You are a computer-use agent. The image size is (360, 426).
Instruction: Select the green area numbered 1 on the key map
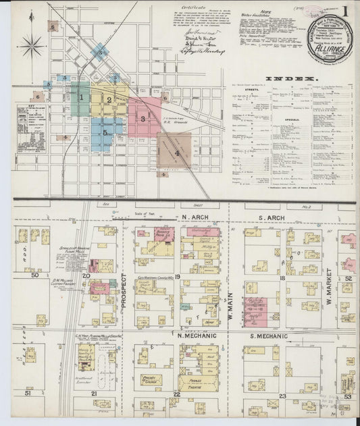81,98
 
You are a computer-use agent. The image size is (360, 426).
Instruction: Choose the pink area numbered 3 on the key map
143,118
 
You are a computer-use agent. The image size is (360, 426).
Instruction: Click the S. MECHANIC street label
269,336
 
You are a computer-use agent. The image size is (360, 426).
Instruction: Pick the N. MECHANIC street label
195,335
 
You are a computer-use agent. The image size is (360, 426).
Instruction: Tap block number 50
34,275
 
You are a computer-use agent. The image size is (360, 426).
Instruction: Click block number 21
95,392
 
